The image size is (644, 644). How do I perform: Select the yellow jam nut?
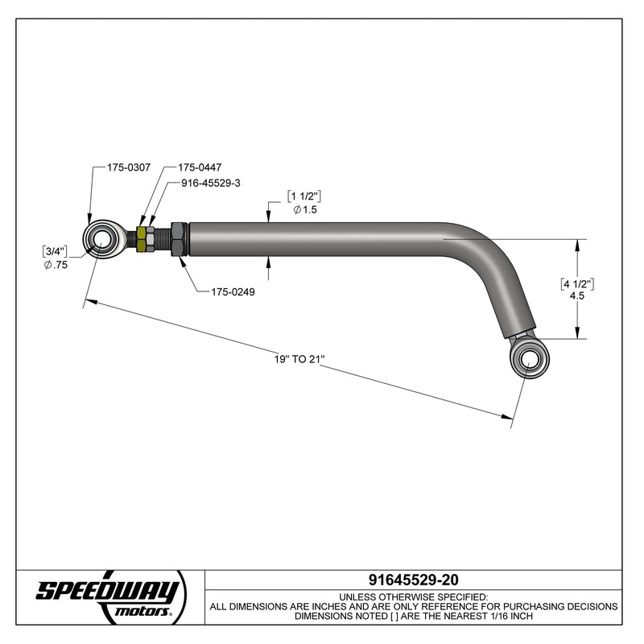coord(144,239)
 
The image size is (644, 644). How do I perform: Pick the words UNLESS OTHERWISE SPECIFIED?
coord(413,596)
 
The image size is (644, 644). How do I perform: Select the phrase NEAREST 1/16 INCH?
coord(490,616)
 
